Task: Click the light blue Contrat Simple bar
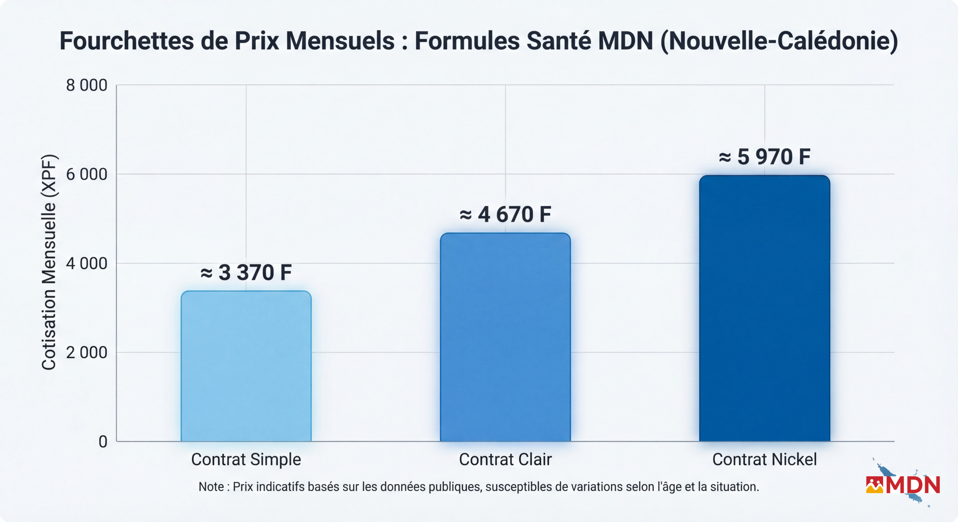tap(246, 366)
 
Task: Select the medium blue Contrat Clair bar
tap(505, 337)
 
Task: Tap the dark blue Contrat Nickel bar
tap(764, 308)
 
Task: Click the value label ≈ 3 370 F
tap(246, 272)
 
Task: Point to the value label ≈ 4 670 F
tap(505, 215)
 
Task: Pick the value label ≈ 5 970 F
tap(764, 157)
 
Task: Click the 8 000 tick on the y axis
tap(86, 85)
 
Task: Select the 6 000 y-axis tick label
tap(86, 174)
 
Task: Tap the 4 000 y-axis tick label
tap(86, 263)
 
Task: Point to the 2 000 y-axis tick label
tap(86, 352)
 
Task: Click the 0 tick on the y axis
tap(103, 442)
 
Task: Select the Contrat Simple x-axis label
tap(246, 459)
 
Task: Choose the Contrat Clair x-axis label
tap(505, 459)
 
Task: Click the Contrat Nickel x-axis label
tap(764, 459)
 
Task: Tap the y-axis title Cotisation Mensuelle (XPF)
tap(49, 262)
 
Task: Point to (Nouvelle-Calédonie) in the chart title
tap(779, 41)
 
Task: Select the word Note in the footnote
tap(211, 487)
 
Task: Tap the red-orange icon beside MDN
tap(874, 485)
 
